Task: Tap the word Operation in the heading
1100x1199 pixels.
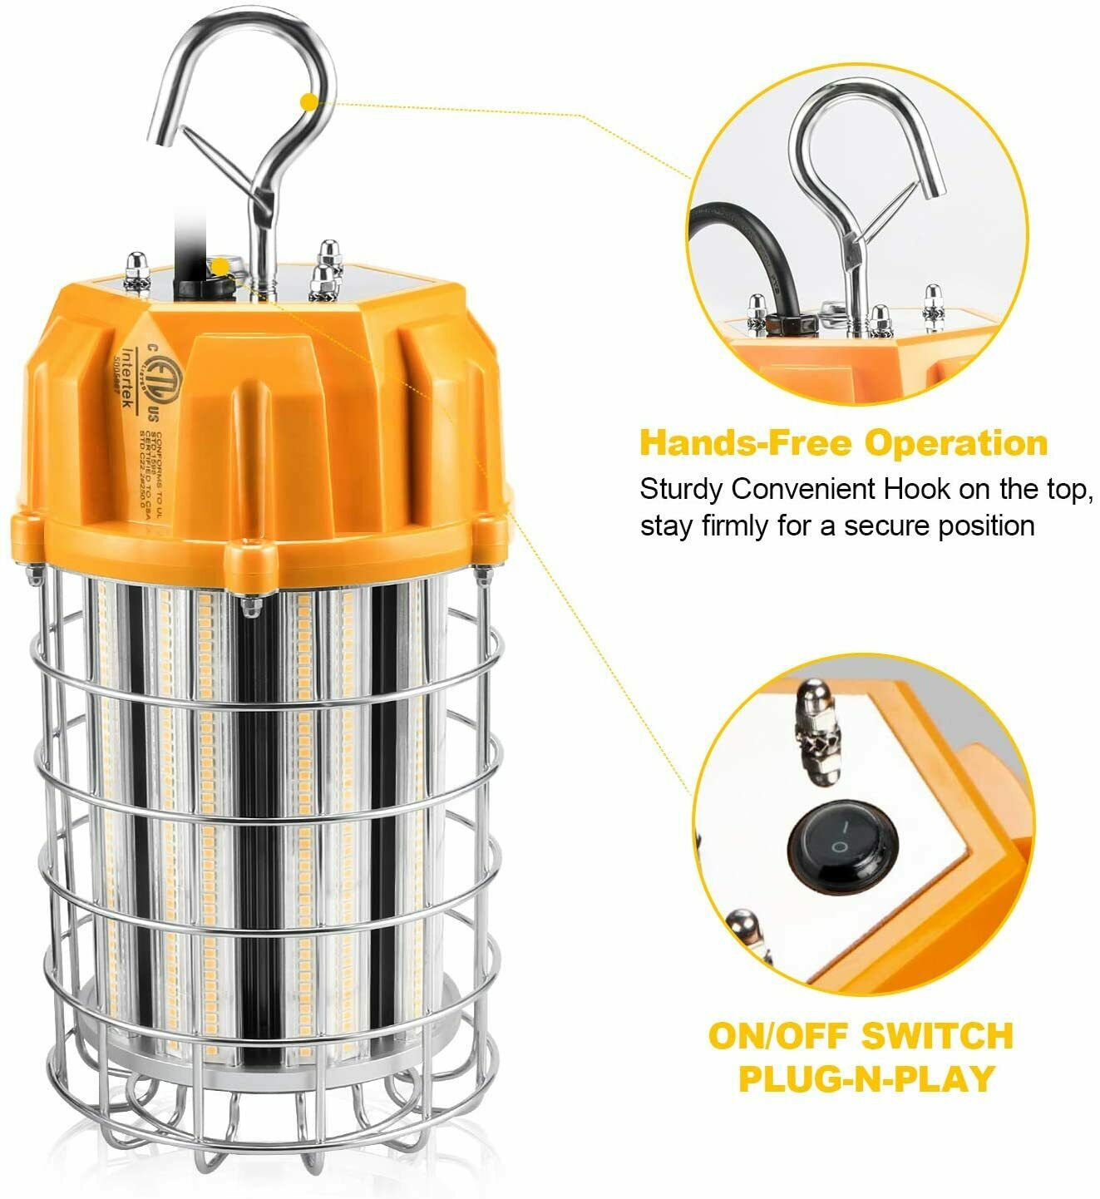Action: pos(956,443)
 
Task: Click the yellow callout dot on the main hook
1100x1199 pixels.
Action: pos(309,102)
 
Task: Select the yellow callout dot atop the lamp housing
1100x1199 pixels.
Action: pos(220,267)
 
